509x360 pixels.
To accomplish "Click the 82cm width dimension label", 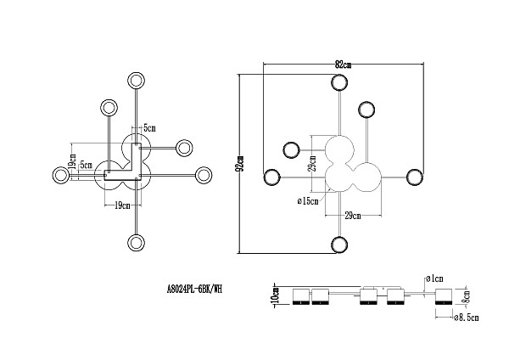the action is point(343,65).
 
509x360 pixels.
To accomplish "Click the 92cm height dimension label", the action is point(241,164).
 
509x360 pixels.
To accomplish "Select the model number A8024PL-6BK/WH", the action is point(195,289).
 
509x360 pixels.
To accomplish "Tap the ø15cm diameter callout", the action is point(308,201).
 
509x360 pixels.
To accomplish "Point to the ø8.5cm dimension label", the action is point(466,318).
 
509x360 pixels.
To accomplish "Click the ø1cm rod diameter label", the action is point(434,278).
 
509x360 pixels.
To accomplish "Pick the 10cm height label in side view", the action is point(277,295).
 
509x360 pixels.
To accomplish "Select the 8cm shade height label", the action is point(466,296).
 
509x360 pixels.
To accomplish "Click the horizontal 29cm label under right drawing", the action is point(353,216).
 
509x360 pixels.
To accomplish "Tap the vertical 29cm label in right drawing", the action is point(312,164).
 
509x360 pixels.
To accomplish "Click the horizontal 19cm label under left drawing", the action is point(122,205).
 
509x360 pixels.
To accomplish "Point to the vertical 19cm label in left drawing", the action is point(72,161).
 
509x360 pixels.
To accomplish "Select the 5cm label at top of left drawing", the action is point(149,128).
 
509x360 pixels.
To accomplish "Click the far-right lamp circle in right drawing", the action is point(415,177).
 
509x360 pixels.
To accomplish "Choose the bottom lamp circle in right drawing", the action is point(339,245).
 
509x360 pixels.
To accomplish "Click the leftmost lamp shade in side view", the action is point(301,296).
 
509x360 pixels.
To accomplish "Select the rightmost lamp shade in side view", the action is point(444,296).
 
